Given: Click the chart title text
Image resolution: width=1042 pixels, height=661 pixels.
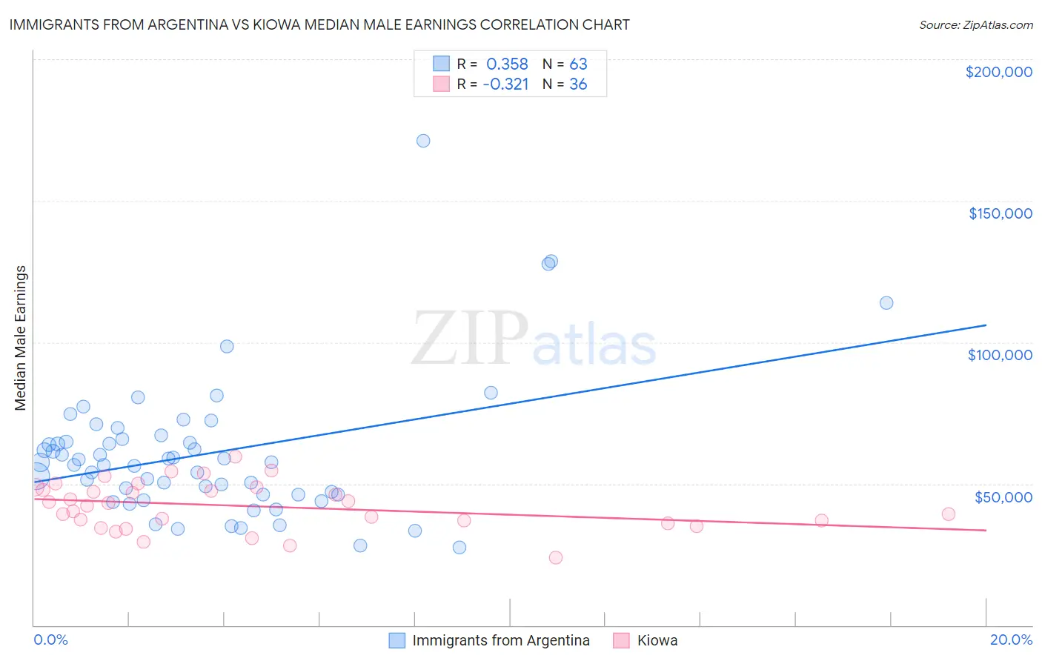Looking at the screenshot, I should (319, 24).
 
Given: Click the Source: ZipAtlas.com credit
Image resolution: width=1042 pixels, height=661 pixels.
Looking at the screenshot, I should (975, 25).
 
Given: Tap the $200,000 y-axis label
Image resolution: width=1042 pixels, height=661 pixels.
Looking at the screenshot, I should (998, 72).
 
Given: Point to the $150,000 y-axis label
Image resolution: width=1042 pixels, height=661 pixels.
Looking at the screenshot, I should (1000, 213).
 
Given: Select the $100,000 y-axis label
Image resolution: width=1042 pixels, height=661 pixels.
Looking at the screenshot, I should (1000, 355).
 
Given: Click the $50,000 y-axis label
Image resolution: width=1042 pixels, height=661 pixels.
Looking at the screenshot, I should (1003, 497).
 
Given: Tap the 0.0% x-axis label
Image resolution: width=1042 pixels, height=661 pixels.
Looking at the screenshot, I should (50, 640).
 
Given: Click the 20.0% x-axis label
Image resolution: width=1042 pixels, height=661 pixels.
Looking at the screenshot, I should (1011, 640).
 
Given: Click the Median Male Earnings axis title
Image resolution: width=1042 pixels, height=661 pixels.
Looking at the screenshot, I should (21, 338).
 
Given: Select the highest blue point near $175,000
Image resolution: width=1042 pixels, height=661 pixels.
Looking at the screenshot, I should (423, 141).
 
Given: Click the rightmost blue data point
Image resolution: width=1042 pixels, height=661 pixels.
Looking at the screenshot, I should (886, 303).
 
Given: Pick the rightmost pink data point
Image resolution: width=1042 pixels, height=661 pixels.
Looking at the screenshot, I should (949, 514).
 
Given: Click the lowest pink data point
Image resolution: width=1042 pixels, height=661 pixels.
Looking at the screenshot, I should (556, 558).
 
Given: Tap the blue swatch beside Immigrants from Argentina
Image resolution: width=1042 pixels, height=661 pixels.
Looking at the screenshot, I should (397, 640).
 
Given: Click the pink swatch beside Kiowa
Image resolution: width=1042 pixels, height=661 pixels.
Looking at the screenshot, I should (621, 640).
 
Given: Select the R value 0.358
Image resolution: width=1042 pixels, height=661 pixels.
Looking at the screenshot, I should (507, 64).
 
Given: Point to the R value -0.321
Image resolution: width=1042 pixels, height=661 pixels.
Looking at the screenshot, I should (505, 84).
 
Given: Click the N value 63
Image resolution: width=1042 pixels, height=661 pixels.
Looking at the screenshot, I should (578, 64).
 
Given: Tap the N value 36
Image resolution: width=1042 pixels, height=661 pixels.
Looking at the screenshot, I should (578, 84).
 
